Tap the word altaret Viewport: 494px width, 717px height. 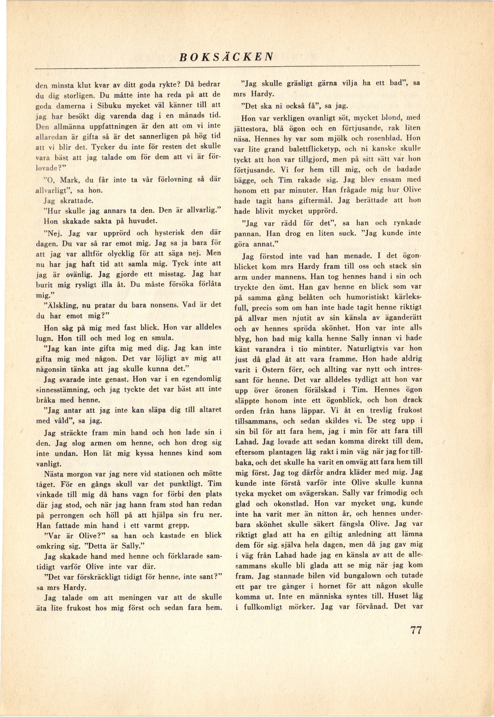[x=207, y=410]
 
